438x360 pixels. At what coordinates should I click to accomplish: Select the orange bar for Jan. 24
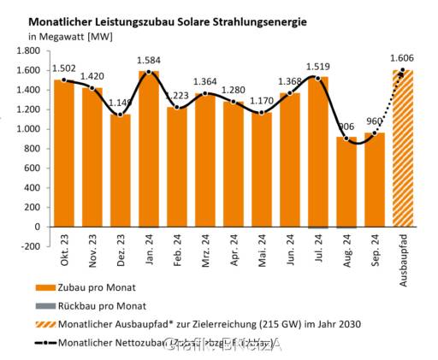[149, 154]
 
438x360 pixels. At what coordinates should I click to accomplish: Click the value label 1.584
[149, 59]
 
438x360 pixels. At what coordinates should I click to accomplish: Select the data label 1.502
[64, 68]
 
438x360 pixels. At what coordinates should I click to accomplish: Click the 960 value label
[375, 121]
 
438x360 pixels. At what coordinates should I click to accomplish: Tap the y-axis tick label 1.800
[28, 50]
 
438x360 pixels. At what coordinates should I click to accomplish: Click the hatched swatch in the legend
[43, 325]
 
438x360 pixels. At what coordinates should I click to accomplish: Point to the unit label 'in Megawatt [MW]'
[76, 36]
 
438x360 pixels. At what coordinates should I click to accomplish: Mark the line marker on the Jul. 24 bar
[318, 79]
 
